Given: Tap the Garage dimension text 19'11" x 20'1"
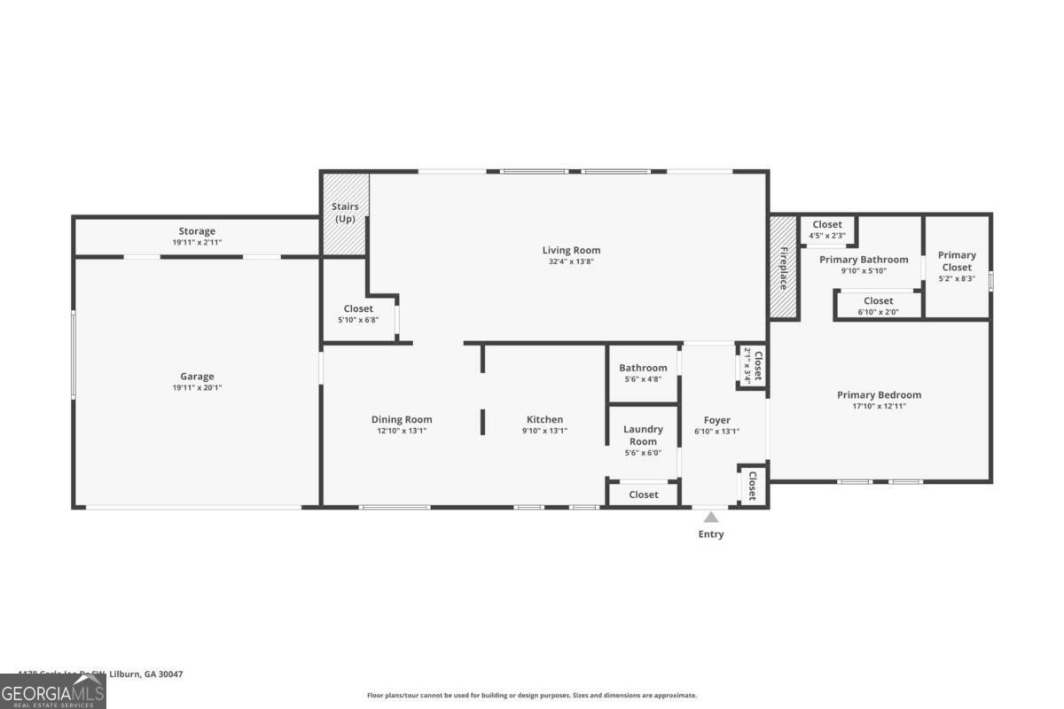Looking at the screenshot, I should click(197, 387).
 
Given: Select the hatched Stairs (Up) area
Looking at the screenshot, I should click(345, 214).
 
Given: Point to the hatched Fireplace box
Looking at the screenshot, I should click(783, 267).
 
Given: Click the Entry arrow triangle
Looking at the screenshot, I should click(711, 517).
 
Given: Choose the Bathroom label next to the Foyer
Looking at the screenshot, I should click(643, 368).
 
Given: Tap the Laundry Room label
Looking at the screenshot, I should click(643, 435).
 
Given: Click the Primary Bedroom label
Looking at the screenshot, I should click(879, 394).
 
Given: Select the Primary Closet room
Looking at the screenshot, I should click(957, 266).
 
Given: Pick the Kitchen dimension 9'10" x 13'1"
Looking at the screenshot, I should click(544, 431).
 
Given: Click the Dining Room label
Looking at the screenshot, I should click(402, 419).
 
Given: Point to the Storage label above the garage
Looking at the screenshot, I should click(197, 231).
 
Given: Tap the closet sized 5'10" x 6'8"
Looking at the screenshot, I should click(358, 314).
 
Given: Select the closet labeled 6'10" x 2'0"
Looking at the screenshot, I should click(878, 306).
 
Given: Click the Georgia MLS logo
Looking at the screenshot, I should click(53, 691).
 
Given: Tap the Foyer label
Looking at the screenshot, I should click(716, 420).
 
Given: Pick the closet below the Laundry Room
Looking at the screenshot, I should click(643, 495).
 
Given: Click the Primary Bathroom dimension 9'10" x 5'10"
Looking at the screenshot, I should click(864, 271).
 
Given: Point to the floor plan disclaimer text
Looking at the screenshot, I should click(532, 696).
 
